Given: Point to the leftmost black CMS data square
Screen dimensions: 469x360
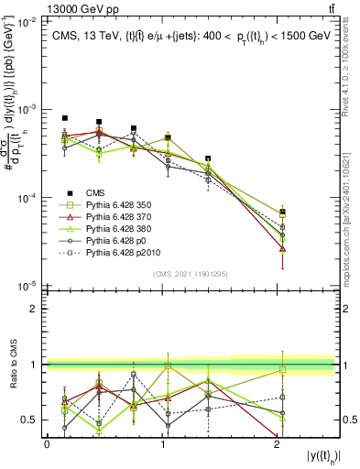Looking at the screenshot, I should [65, 118].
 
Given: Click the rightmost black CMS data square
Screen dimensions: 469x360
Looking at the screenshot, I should [283, 213].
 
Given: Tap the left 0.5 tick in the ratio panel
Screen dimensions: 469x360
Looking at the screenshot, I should [35, 420].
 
